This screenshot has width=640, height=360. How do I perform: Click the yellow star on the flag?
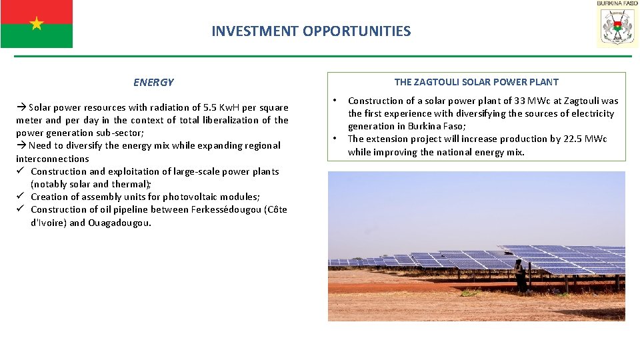(x=36, y=24)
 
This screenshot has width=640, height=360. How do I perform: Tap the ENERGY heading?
(x=153, y=83)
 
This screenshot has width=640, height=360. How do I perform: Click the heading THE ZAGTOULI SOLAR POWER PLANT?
(x=477, y=82)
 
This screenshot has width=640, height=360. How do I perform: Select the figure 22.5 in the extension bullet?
(x=567, y=139)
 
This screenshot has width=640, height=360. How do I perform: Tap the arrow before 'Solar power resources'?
(x=21, y=107)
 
